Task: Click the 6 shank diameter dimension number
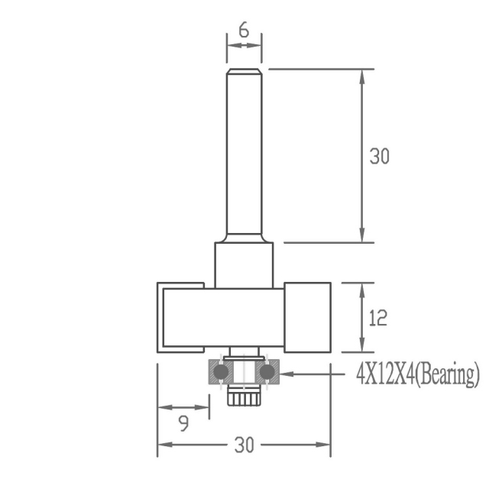[244, 30]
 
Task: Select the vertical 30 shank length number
[380, 156]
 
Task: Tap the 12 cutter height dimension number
[377, 318]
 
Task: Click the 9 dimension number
[184, 424]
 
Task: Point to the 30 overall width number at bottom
[244, 445]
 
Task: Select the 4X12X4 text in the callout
[384, 374]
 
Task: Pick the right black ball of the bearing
[267, 371]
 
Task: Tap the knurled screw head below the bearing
[244, 397]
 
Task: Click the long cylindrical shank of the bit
[244, 153]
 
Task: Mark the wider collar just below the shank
[244, 264]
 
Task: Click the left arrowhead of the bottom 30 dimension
[163, 445]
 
